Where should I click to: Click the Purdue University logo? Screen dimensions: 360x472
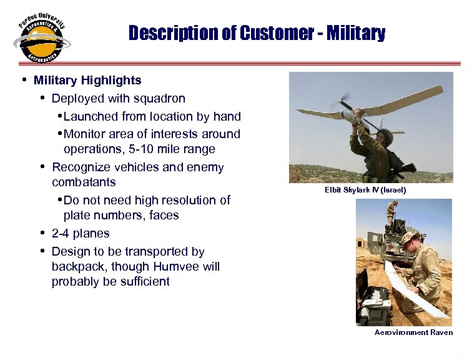point(41,39)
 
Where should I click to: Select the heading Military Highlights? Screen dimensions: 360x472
point(87,80)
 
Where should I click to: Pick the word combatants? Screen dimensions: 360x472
point(83,182)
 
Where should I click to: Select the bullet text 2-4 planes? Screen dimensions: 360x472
point(81,233)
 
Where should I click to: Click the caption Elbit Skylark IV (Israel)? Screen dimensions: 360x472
point(365,189)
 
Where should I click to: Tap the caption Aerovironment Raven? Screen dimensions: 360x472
point(413,332)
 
